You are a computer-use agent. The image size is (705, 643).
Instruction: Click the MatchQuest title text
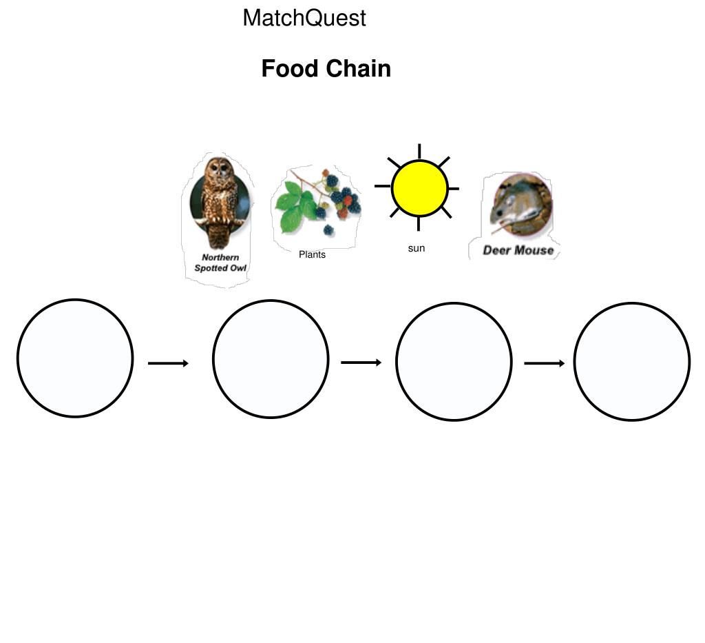pyautogui.click(x=304, y=18)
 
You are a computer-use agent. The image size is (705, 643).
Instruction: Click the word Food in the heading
pyautogui.click(x=290, y=69)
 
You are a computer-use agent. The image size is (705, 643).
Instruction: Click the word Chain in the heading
pyautogui.click(x=358, y=69)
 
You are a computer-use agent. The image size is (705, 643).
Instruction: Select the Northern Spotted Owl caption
pyautogui.click(x=220, y=263)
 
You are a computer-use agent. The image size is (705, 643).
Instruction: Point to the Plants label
pyautogui.click(x=312, y=254)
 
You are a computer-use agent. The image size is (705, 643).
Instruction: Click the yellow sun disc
pyautogui.click(x=419, y=188)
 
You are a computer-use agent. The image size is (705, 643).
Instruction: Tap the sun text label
pyautogui.click(x=417, y=248)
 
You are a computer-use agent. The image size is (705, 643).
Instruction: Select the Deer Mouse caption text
pyautogui.click(x=518, y=250)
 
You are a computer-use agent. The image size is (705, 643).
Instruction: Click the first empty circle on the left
pyautogui.click(x=75, y=358)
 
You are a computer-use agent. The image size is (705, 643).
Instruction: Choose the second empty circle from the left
pyautogui.click(x=271, y=359)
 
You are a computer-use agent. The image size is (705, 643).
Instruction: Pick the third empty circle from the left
pyautogui.click(x=454, y=361)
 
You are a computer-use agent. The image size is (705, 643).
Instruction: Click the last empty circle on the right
pyautogui.click(x=632, y=361)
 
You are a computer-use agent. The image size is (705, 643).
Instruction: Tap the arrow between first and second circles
pyautogui.click(x=168, y=363)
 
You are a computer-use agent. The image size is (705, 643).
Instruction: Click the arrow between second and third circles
pyautogui.click(x=361, y=363)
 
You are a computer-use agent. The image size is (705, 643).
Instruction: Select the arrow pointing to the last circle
pyautogui.click(x=544, y=363)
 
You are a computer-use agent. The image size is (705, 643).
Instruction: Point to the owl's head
pyautogui.click(x=219, y=169)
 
